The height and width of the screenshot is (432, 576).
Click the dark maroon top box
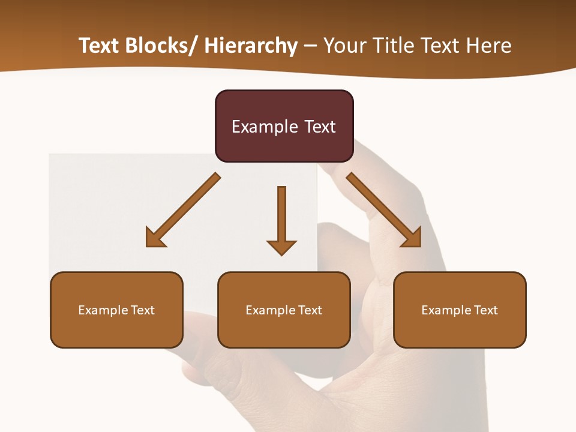pos(284,126)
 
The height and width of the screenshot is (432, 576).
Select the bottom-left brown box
pos(116,310)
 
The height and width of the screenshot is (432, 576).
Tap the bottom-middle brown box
pos(284,310)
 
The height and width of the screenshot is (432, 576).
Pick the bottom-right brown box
pos(460,310)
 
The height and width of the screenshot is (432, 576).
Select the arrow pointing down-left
pos(184,210)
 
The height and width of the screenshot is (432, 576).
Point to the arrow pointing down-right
pos(384,210)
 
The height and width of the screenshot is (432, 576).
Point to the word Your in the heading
pos(344,46)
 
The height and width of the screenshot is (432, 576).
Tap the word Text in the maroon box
pos(320,127)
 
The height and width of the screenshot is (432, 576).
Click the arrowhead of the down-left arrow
pos(155,238)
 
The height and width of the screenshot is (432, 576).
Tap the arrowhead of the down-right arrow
pos(412,238)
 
